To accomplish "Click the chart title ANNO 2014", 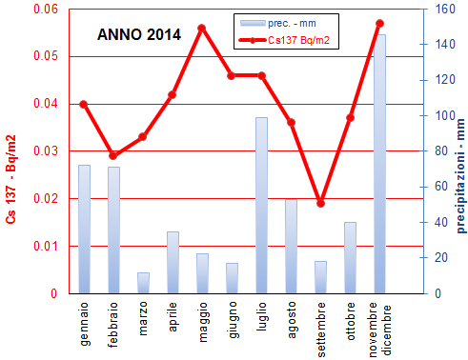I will coord(139,35).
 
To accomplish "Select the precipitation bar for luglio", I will coord(261,205).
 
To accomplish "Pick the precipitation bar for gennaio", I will coord(84,229).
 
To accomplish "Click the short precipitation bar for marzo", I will coord(143,283).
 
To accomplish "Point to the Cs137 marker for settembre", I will coord(320,203).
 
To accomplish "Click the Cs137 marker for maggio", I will coord(202,28).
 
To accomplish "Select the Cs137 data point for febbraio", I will coord(113,155).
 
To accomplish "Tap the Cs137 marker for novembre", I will coord(379,23).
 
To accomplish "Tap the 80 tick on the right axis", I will coord(432,151).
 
